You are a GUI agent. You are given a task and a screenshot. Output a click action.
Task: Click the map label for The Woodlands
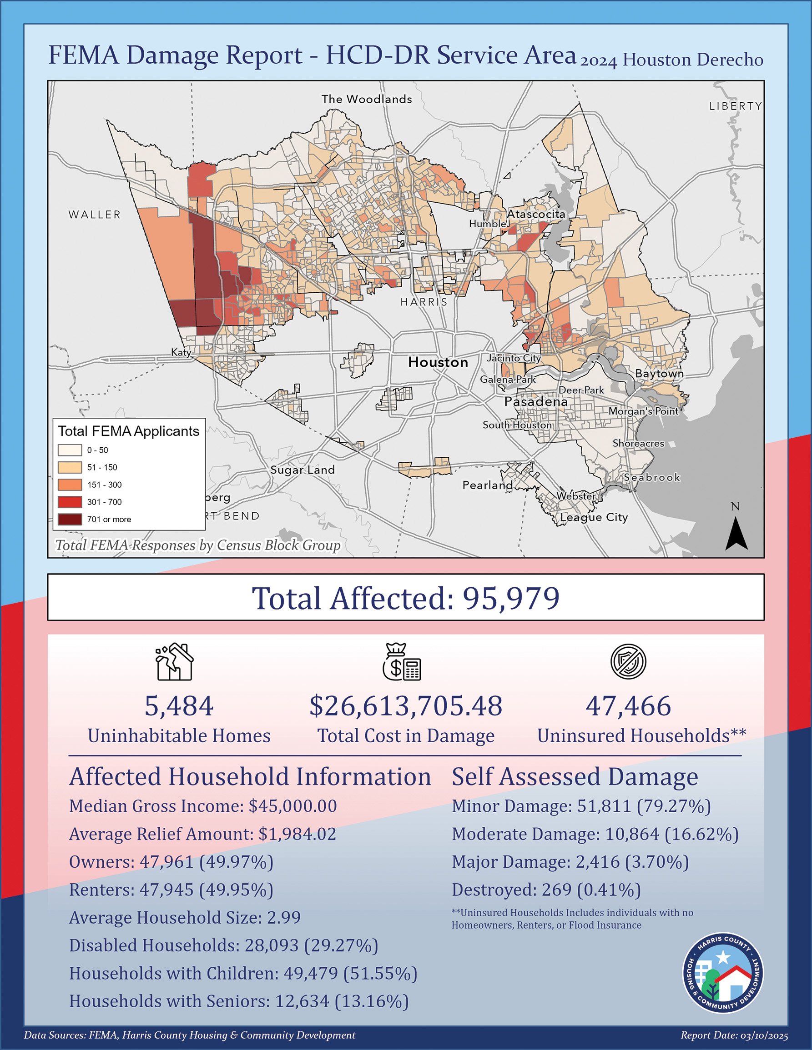pyautogui.click(x=367, y=99)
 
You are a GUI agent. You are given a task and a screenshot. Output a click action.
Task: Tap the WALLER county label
pyautogui.click(x=94, y=215)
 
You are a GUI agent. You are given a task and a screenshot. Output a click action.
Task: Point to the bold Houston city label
pyautogui.click(x=438, y=363)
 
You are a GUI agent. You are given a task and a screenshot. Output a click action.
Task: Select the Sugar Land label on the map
pyautogui.click(x=302, y=470)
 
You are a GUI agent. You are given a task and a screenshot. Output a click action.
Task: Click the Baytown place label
pyautogui.click(x=659, y=374)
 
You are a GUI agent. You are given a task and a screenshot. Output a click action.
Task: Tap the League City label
pyautogui.click(x=594, y=517)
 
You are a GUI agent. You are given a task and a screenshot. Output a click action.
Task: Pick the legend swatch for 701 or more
pyautogui.click(x=70, y=519)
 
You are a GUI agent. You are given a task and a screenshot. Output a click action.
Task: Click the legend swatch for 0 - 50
pyautogui.click(x=70, y=450)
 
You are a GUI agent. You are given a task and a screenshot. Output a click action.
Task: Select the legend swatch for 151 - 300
pyautogui.click(x=70, y=485)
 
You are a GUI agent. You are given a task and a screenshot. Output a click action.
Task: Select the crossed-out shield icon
pyautogui.click(x=628, y=661)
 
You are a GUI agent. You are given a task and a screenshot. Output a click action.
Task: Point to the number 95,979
pyautogui.click(x=511, y=598)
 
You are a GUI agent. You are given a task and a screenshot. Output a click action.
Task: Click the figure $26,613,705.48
pyautogui.click(x=405, y=706)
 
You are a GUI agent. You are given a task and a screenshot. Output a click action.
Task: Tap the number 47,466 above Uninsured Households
pyautogui.click(x=628, y=706)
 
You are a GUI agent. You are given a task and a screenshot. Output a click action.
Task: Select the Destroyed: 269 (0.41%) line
pyautogui.click(x=546, y=890)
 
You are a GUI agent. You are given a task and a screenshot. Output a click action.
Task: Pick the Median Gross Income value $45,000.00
pyautogui.click(x=293, y=806)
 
